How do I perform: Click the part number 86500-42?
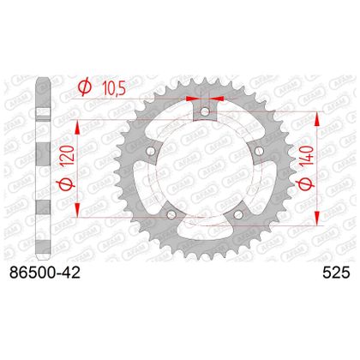pyautogui.click(x=45, y=273)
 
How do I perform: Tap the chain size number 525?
pyautogui.click(x=336, y=273)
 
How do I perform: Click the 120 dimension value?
pyautogui.click(x=69, y=156)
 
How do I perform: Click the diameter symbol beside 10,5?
pyautogui.click(x=85, y=87)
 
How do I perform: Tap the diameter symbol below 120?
pyautogui.click(x=68, y=183)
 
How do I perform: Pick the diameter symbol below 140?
pyautogui.click(x=307, y=183)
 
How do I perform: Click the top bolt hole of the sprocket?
pyautogui.click(x=205, y=111)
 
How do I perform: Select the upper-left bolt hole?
pyautogui.click(x=151, y=151)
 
